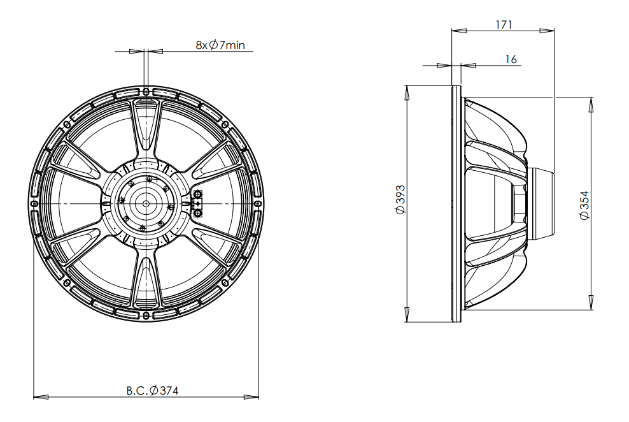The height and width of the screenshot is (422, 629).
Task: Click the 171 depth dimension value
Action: click(504, 24)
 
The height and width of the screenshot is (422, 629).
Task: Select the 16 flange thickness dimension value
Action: click(511, 59)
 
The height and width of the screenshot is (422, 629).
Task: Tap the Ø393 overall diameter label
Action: click(400, 200)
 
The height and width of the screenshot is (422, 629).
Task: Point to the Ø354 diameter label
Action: click(585, 205)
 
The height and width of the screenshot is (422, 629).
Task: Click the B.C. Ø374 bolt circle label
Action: click(152, 390)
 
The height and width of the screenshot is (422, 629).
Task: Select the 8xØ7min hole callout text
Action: click(220, 45)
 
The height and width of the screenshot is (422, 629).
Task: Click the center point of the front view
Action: click(146, 203)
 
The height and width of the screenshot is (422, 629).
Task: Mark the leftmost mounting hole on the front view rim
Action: click(35, 203)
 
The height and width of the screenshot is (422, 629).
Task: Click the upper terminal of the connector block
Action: click(198, 194)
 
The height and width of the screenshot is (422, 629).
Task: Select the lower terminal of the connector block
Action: click(198, 212)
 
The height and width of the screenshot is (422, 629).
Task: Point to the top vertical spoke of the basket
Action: click(146, 129)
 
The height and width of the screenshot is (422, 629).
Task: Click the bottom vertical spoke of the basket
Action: click(146, 279)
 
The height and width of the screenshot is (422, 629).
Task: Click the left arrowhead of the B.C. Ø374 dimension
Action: click(41, 397)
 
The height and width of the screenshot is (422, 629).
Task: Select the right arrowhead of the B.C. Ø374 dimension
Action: click(251, 397)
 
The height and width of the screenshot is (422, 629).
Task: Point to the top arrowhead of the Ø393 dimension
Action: click(407, 93)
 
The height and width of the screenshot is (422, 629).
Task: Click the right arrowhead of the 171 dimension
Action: click(547, 30)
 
